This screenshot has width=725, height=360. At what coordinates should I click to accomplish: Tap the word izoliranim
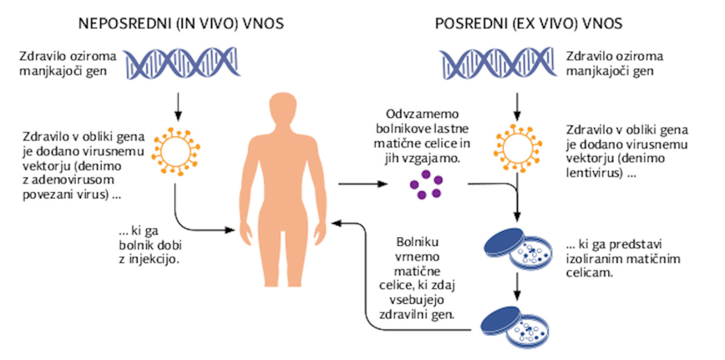(594, 259)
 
